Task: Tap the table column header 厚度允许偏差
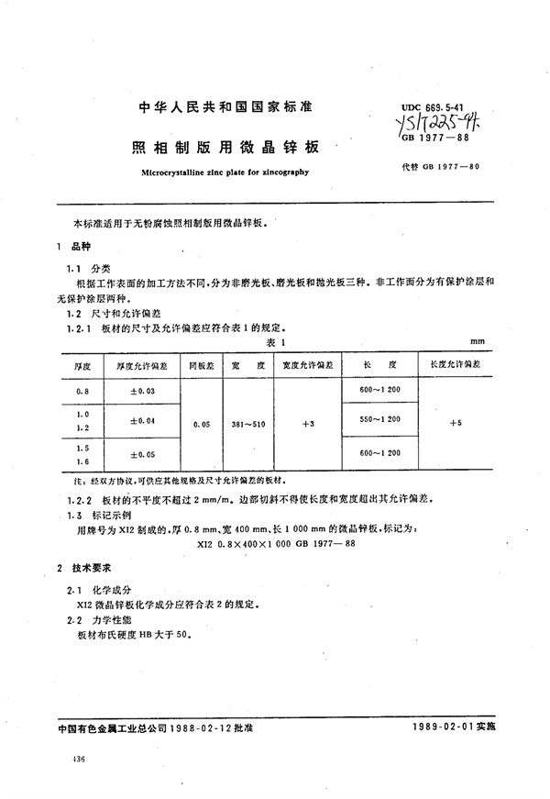click(139, 365)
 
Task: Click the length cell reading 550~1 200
click(378, 419)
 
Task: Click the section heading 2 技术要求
click(86, 570)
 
